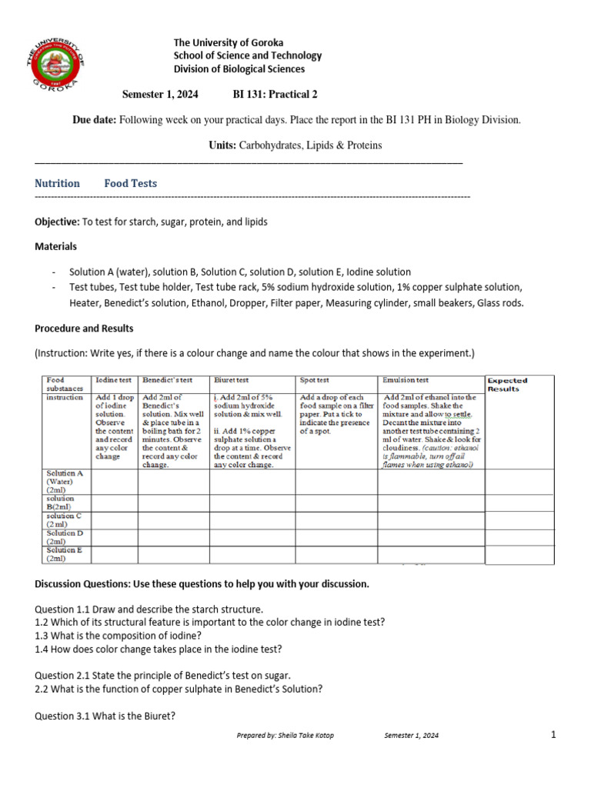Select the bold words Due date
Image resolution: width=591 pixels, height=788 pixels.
click(94, 120)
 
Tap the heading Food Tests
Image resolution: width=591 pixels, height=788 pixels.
click(131, 183)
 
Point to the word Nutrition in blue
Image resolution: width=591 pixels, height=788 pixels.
click(57, 183)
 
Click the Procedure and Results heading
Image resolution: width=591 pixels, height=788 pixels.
click(84, 329)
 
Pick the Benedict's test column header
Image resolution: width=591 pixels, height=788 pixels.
click(167, 380)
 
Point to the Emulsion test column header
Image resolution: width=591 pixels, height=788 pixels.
click(406, 380)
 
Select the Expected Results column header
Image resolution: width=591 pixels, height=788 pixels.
click(508, 384)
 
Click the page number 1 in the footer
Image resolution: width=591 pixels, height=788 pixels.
click(553, 735)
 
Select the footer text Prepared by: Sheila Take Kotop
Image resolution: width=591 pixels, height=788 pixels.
click(285, 736)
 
